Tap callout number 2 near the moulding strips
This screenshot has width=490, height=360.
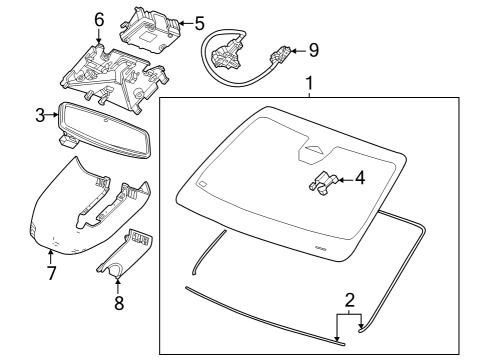pyautogui.click(x=349, y=299)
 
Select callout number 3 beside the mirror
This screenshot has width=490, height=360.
pyautogui.click(x=40, y=115)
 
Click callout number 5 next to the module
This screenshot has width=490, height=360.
pyautogui.click(x=198, y=22)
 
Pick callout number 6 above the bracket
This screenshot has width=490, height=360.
pyautogui.click(x=98, y=20)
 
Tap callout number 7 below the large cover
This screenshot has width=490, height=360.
pyautogui.click(x=49, y=272)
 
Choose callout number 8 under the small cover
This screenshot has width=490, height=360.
pyautogui.click(x=118, y=302)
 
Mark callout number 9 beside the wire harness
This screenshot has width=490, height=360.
pyautogui.click(x=313, y=48)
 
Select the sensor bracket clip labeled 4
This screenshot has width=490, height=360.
pyautogui.click(x=323, y=184)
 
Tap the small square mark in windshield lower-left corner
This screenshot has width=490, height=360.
pyautogui.click(x=201, y=184)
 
